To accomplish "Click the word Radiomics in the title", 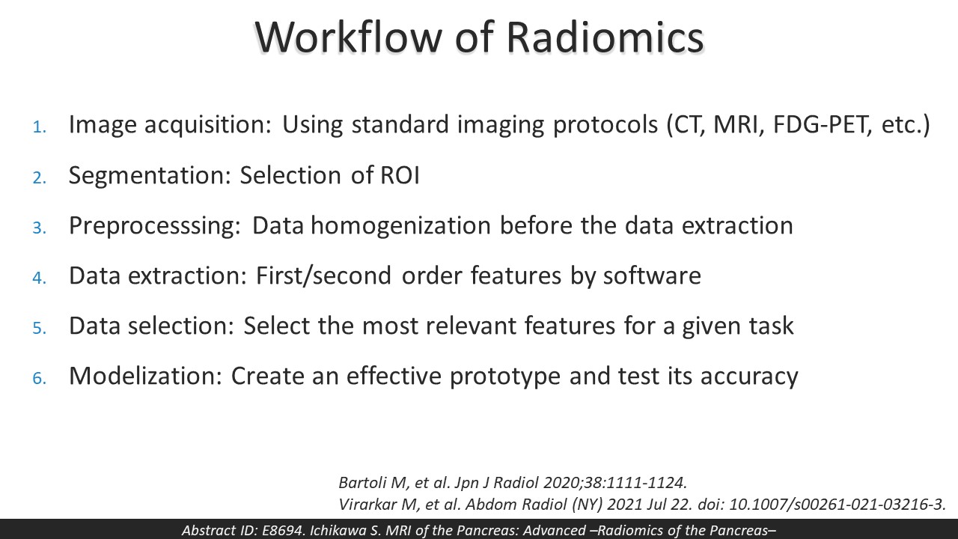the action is click(x=605, y=37).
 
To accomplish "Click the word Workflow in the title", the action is click(x=348, y=37).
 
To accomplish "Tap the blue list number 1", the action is click(x=39, y=127).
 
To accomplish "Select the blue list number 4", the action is click(x=39, y=278).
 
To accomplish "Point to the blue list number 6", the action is click(x=39, y=378).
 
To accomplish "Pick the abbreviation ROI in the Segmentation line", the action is click(x=400, y=175).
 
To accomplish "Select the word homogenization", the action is click(x=400, y=226).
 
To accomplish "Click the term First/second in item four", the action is click(x=323, y=276).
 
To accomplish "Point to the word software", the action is click(x=652, y=275).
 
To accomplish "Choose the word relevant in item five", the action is click(x=471, y=326).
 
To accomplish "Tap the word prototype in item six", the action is click(x=504, y=377).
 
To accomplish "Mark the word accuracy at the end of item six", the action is click(x=749, y=377).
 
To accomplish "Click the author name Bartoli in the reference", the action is click(x=363, y=483).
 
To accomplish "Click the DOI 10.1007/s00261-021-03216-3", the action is click(x=837, y=505).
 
